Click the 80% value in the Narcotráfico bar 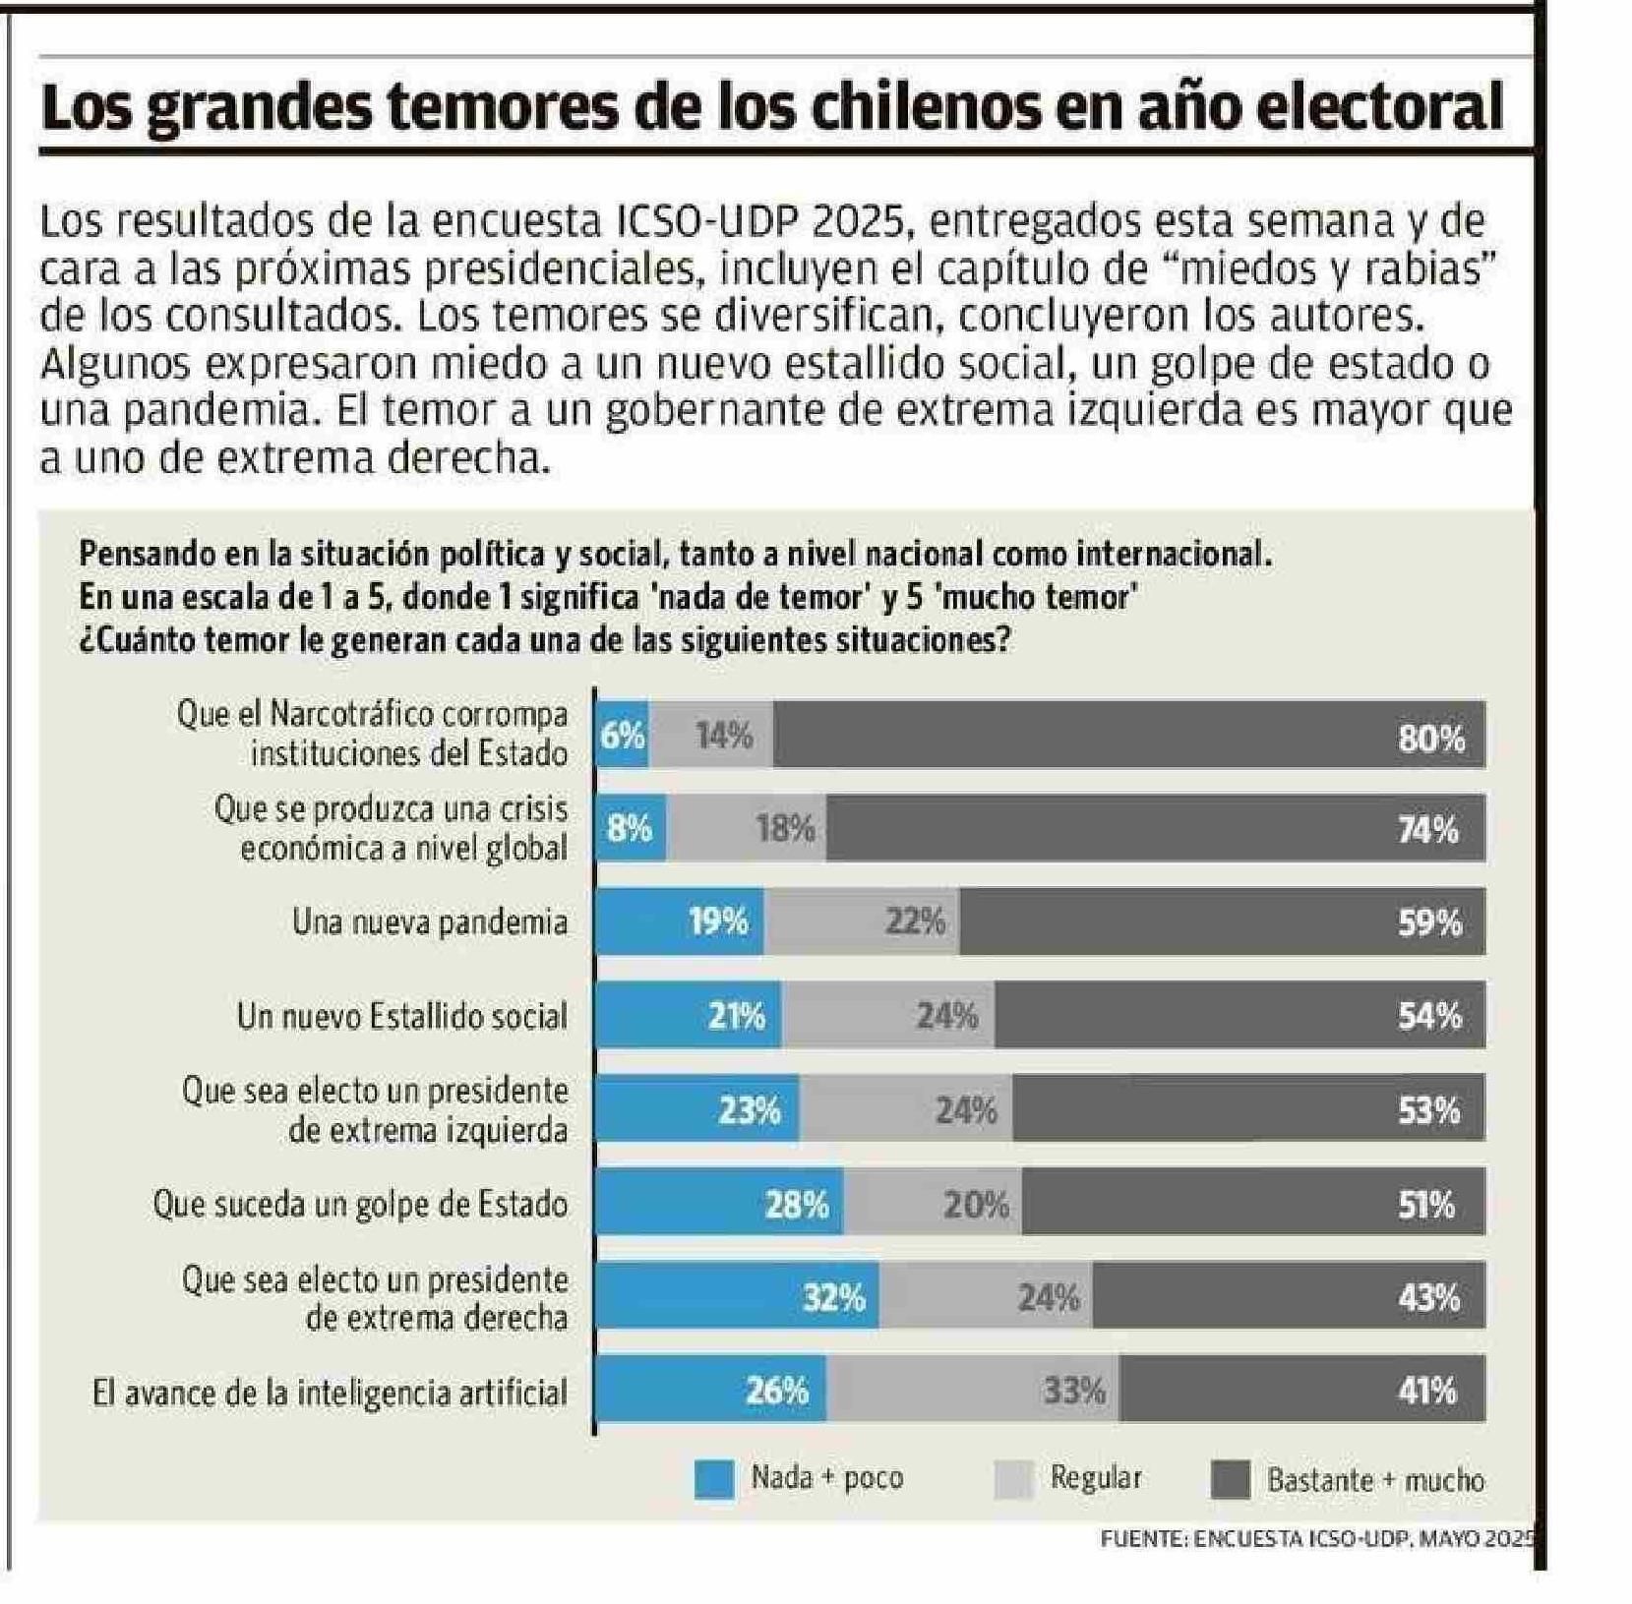[1431, 738]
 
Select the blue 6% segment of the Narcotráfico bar [622, 736]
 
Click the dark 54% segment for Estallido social [1239, 1015]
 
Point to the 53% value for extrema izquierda [1429, 1110]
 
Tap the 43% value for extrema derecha [1428, 1298]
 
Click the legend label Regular [1096, 1477]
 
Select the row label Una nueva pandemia [430, 922]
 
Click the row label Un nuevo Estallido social [401, 1016]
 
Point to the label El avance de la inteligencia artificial [330, 1393]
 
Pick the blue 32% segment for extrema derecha [738, 1296]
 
